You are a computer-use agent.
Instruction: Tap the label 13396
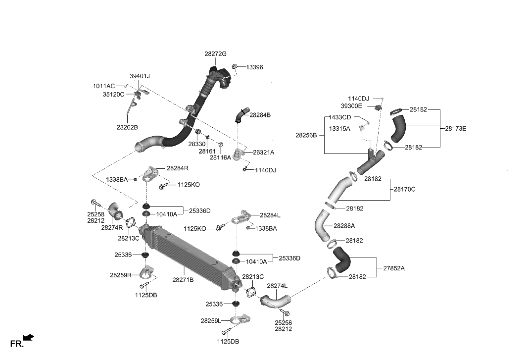click(x=254, y=67)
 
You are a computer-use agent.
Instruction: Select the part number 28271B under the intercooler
click(x=183, y=280)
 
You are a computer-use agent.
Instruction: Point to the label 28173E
click(x=455, y=129)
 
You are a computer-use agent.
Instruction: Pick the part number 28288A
click(x=344, y=226)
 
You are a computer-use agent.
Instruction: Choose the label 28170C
click(x=405, y=189)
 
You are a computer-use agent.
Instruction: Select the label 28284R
click(x=178, y=168)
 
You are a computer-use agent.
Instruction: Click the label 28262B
click(x=127, y=127)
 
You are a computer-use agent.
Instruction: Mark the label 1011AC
click(x=104, y=86)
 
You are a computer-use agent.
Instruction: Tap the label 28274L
click(x=277, y=286)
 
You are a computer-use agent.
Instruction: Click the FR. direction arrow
click(x=29, y=338)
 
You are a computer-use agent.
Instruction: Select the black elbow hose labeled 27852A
click(x=341, y=259)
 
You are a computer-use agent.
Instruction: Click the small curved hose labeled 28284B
click(x=239, y=115)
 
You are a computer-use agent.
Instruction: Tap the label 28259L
click(x=211, y=321)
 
